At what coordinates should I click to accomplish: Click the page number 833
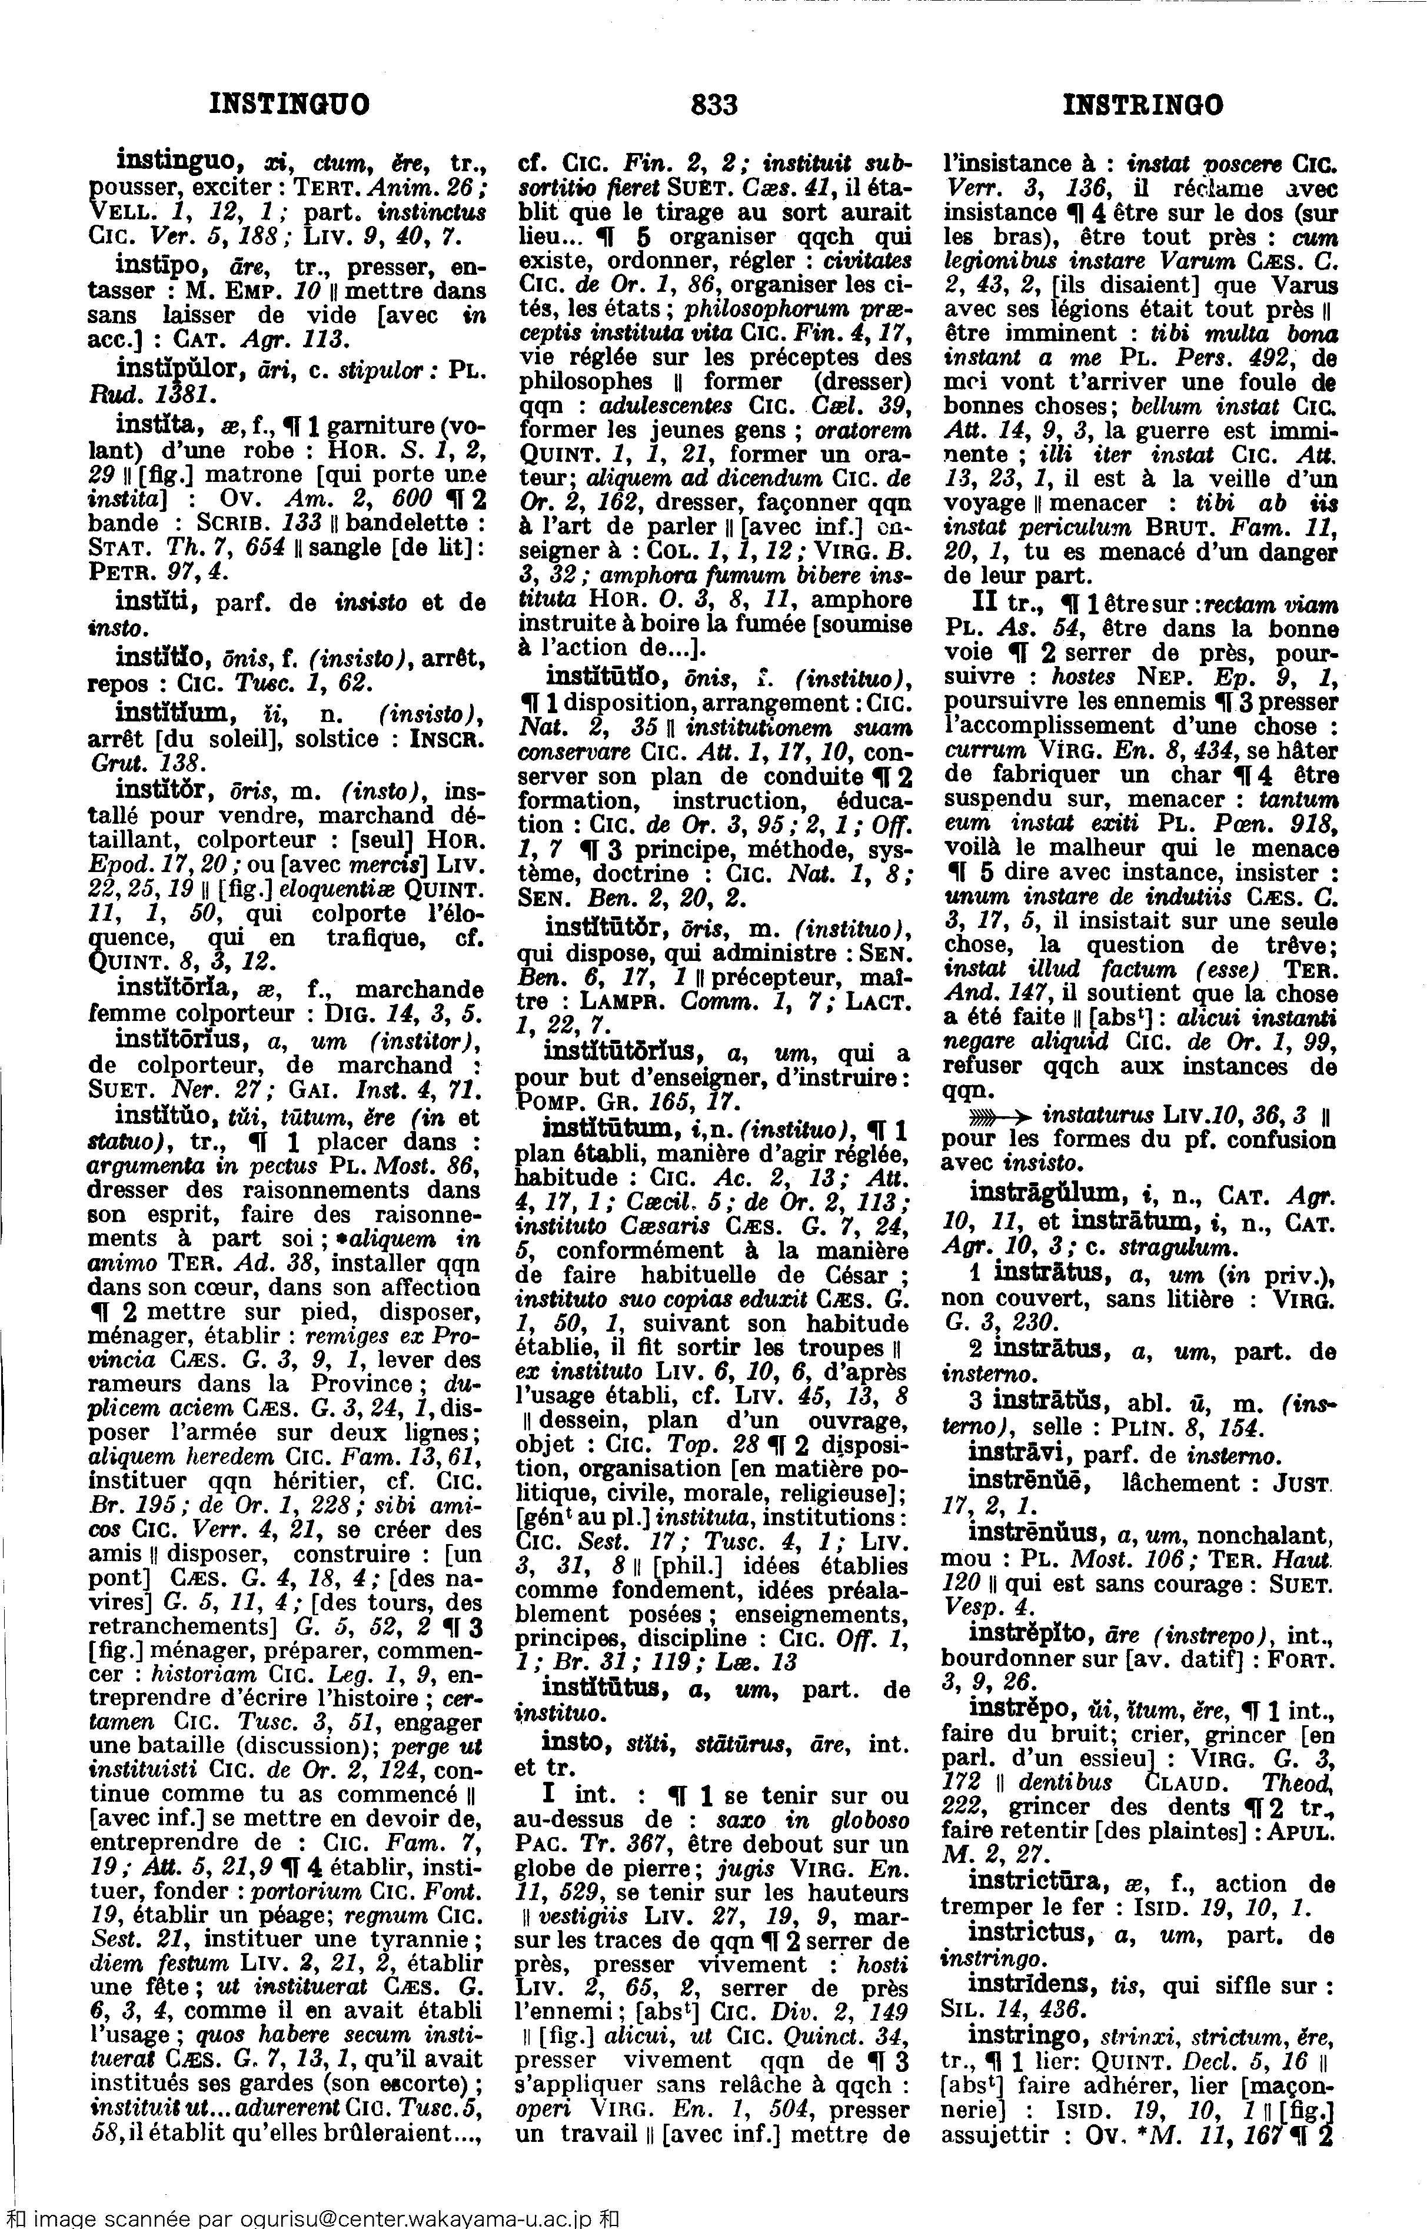click(x=713, y=105)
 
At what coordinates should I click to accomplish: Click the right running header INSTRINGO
click(x=1142, y=105)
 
